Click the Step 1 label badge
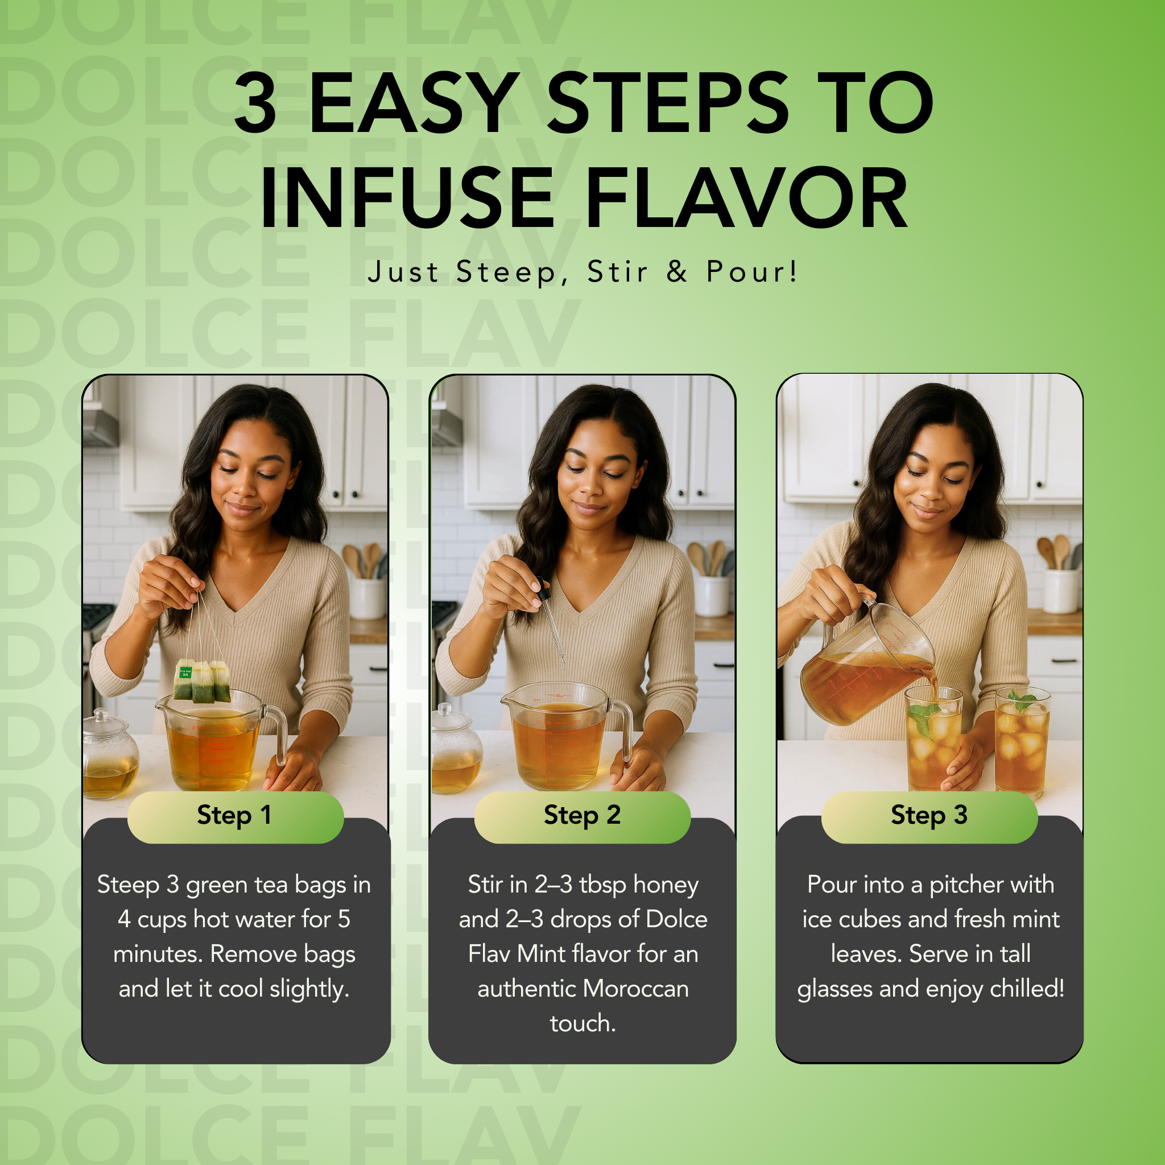click(235, 815)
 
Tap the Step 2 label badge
click(582, 815)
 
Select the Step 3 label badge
click(929, 815)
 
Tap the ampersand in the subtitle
click(676, 271)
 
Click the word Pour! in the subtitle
click(751, 271)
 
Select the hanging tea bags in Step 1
click(201, 681)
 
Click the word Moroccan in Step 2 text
click(635, 989)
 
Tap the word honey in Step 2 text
click(666, 885)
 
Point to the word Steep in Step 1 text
click(128, 885)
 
